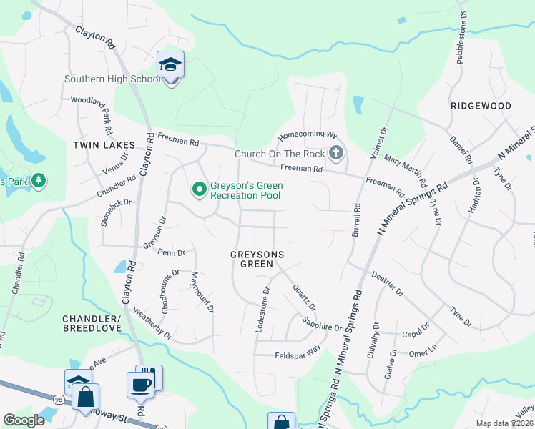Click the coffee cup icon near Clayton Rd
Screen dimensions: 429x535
pyautogui.click(x=140, y=384)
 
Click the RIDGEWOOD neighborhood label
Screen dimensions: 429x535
pyautogui.click(x=481, y=106)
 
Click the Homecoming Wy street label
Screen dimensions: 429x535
pyautogui.click(x=307, y=134)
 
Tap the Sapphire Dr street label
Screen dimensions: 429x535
pyautogui.click(x=322, y=323)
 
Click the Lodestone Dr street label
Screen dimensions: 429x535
pyautogui.click(x=262, y=310)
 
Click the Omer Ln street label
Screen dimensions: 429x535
pyautogui.click(x=421, y=351)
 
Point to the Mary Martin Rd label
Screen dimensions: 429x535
pyautogui.click(x=406, y=169)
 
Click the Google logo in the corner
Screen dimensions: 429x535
pyautogui.click(x=24, y=420)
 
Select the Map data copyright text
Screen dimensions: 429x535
pyautogui.click(x=504, y=423)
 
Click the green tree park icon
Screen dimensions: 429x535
pyautogui.click(x=36, y=182)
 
